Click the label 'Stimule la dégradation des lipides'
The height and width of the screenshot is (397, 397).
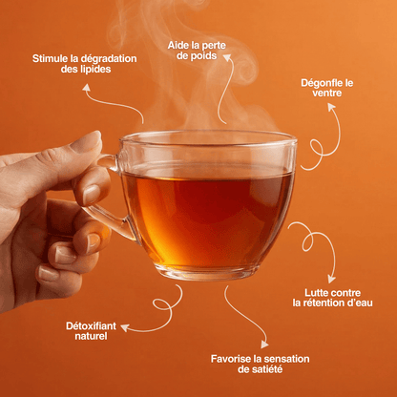click(84, 64)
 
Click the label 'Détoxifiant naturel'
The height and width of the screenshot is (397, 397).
click(93, 331)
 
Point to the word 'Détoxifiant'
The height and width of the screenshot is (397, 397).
click(93, 325)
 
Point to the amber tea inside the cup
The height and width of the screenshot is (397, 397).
click(208, 215)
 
